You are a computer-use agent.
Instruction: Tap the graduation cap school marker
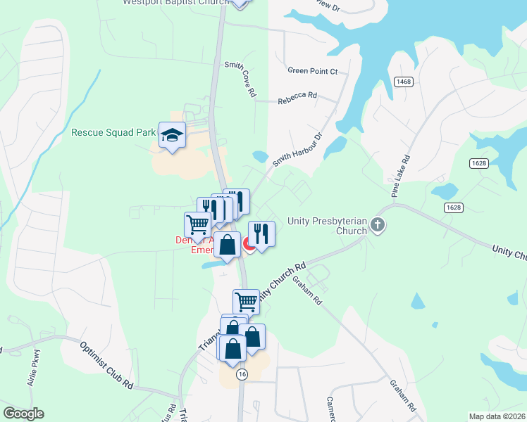coord(171,134)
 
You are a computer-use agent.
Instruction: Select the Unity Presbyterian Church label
coord(327,225)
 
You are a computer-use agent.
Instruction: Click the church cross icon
coord(378,226)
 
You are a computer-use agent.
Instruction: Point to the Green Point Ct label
coord(313,71)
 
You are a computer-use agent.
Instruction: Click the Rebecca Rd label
coord(297,100)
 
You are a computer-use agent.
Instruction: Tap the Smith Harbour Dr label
coord(297,150)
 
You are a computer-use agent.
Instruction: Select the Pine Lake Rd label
coord(397,177)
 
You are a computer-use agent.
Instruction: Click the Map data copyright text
coord(497,416)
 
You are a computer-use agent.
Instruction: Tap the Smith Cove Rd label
coord(239,79)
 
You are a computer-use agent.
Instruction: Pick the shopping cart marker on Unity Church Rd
coord(246,301)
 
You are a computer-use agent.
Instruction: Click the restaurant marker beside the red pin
coord(261,233)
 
